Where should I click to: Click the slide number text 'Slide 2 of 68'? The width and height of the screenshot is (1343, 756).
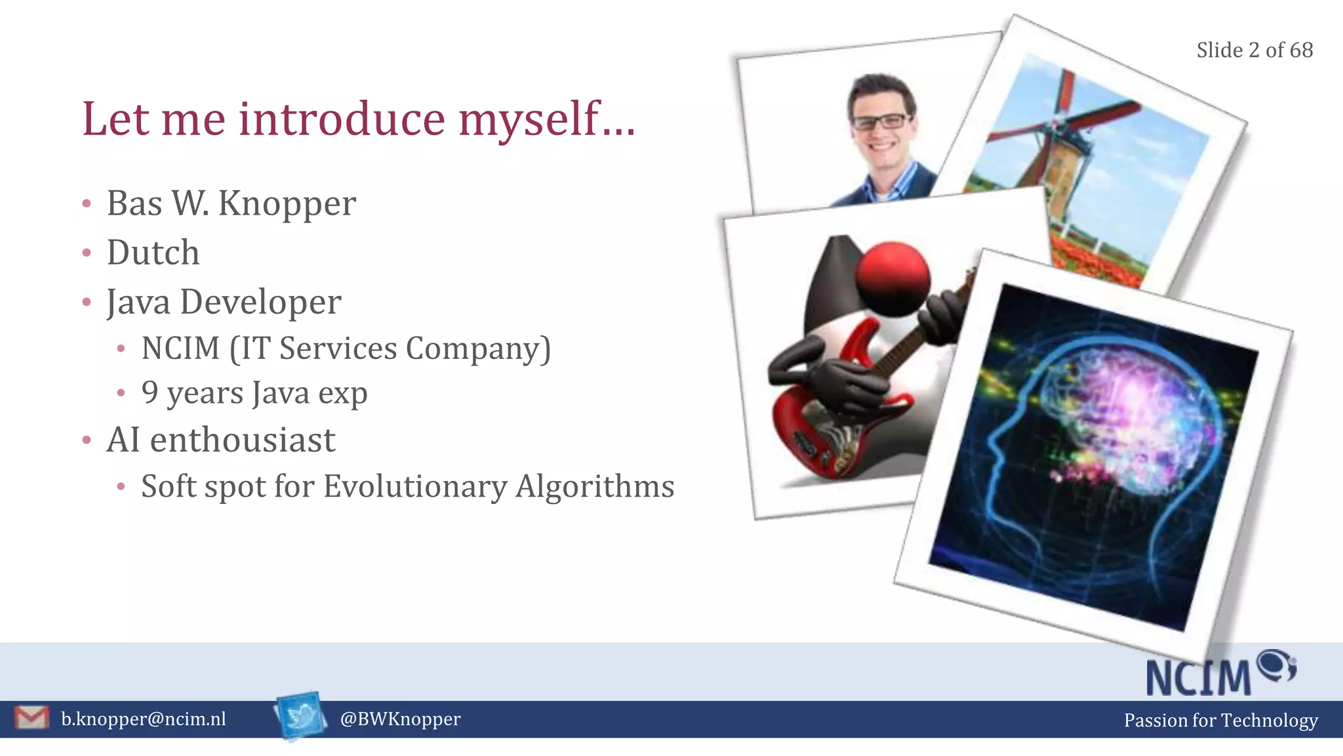(x=1254, y=50)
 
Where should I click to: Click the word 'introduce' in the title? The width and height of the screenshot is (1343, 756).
(x=341, y=119)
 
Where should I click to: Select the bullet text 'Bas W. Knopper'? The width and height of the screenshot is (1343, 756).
(x=231, y=203)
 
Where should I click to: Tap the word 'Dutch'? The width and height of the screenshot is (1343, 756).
(x=153, y=253)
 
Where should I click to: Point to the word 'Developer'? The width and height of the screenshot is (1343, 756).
(x=260, y=303)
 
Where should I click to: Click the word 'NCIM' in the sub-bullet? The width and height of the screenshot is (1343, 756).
(x=180, y=348)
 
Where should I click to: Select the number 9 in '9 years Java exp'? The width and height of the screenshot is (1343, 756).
(x=150, y=392)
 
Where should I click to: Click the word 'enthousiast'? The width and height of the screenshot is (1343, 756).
(x=243, y=440)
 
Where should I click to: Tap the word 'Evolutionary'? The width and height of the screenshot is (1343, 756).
(x=415, y=486)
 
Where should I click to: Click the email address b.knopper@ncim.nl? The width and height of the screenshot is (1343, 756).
(x=143, y=719)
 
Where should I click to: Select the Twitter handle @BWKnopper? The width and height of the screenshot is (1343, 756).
(x=400, y=719)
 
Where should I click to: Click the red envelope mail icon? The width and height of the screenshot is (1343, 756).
(x=31, y=718)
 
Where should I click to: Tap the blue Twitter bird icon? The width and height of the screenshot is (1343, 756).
(x=301, y=716)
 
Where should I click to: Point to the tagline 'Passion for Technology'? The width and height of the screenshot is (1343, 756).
(x=1220, y=721)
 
